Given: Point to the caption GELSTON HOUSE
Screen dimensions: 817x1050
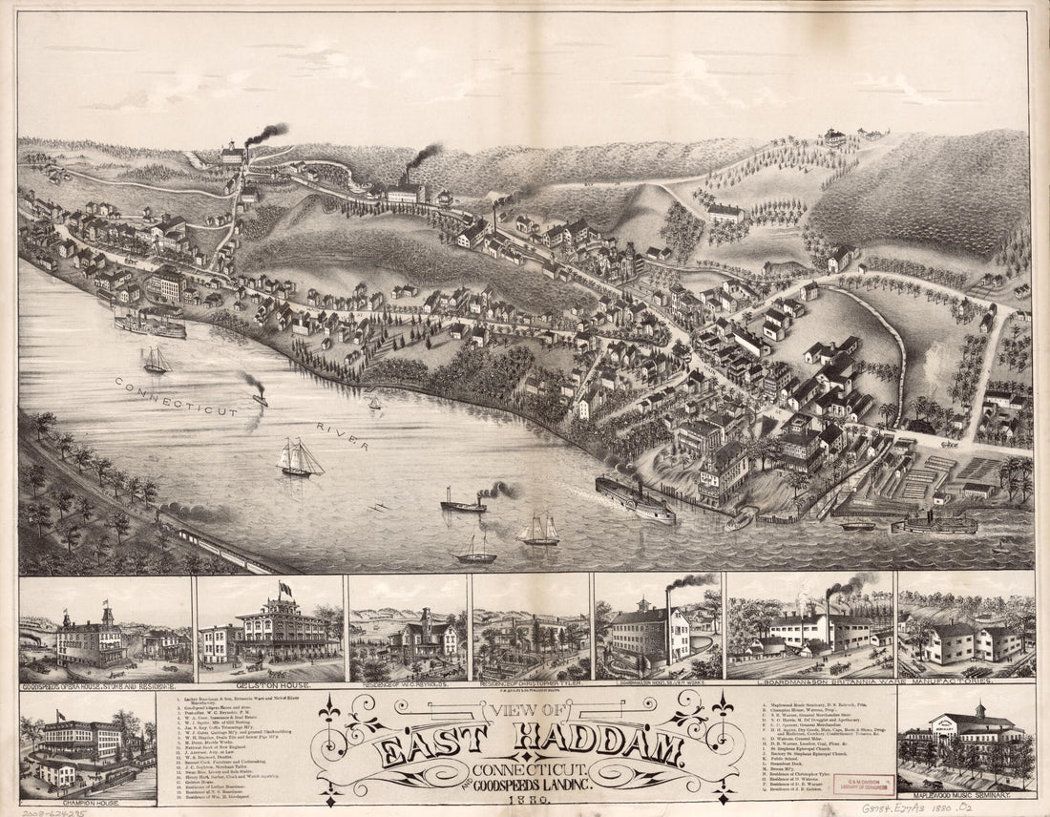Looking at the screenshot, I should click(x=269, y=684).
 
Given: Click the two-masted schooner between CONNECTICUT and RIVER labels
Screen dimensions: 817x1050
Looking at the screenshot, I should click(x=299, y=459).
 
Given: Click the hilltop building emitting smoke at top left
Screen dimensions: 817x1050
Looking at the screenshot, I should click(x=233, y=153).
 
